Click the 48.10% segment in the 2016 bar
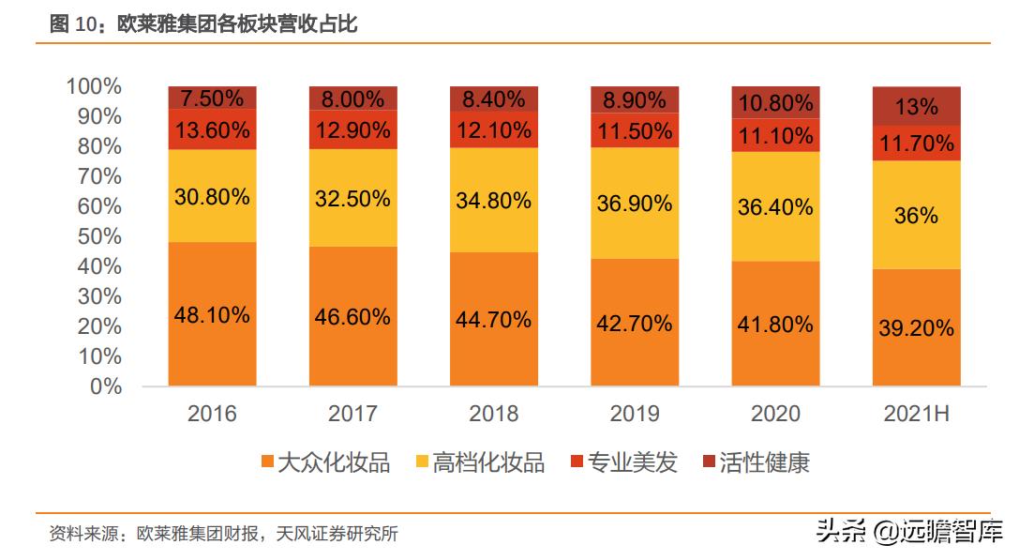pyautogui.click(x=212, y=315)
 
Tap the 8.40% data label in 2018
pyautogui.click(x=493, y=99)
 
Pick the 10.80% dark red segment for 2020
pyautogui.click(x=775, y=103)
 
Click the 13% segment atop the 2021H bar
pyautogui.click(x=916, y=107)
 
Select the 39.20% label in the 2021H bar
pyautogui.click(x=916, y=327)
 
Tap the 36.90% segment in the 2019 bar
pyautogui.click(x=634, y=203)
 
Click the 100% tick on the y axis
pyautogui.click(x=94, y=86)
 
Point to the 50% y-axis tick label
pyautogui.click(x=98, y=236)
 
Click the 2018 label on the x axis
pyautogui.click(x=493, y=414)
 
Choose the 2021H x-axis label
pyautogui.click(x=916, y=414)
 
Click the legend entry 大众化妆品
pyautogui.click(x=325, y=462)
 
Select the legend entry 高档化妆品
pyautogui.click(x=479, y=462)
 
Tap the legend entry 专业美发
pyautogui.click(x=623, y=462)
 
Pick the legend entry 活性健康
pyautogui.click(x=756, y=462)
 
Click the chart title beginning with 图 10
pyautogui.click(x=203, y=25)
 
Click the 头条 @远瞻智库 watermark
pyautogui.click(x=909, y=531)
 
